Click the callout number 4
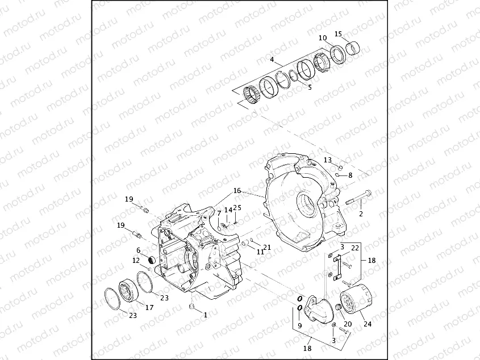272,60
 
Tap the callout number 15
338,34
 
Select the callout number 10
323,38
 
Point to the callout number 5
310,87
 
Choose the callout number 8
350,175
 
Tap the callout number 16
237,191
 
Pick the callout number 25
237,208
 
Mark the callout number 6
138,250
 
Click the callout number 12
136,261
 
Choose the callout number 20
348,324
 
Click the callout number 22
355,248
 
